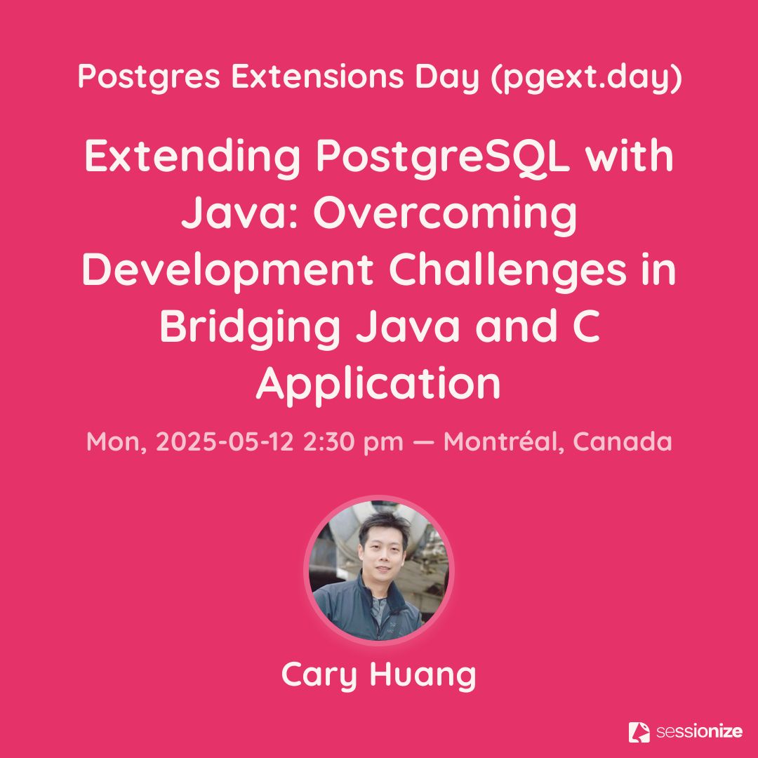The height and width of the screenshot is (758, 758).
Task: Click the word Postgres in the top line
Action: (x=149, y=77)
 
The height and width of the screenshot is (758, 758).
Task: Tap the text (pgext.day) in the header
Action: (x=586, y=77)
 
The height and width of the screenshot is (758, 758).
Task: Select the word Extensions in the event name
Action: (x=318, y=76)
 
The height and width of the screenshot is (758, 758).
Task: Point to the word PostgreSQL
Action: (x=442, y=157)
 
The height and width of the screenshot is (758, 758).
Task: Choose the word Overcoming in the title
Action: (x=445, y=214)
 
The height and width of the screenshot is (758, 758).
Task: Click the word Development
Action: (x=227, y=271)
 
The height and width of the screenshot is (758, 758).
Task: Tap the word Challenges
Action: (x=507, y=270)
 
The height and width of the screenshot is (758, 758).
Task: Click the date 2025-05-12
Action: (x=225, y=441)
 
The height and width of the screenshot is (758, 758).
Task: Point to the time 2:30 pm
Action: (x=353, y=442)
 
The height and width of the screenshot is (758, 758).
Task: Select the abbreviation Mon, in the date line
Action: (x=117, y=442)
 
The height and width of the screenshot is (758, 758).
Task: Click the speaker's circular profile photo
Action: (x=379, y=571)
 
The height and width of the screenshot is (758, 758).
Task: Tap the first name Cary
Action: (x=319, y=675)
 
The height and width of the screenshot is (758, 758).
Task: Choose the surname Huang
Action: (x=423, y=675)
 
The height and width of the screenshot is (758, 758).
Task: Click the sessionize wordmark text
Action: (x=698, y=731)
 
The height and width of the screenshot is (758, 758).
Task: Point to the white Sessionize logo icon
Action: (x=639, y=732)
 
